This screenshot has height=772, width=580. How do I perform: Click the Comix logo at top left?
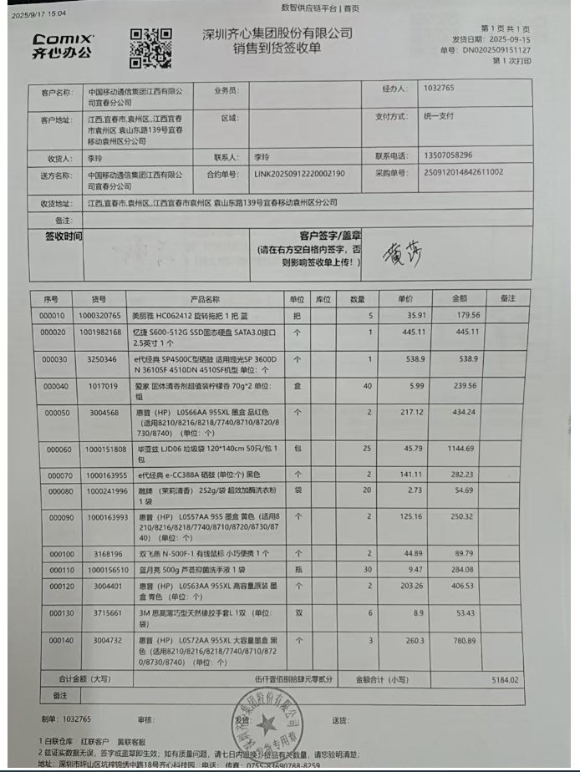pos(64,45)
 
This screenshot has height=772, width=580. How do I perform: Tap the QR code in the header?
pos(150,48)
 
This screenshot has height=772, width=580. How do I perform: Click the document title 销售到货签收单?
pos(277,48)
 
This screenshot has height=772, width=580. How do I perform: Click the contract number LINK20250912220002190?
pos(299,175)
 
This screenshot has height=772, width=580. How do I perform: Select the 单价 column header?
pos(405,298)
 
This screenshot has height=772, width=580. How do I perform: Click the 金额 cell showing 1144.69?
pos(463,449)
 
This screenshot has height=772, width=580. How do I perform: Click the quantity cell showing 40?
pos(367,386)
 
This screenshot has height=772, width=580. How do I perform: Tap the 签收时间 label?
pos(64,236)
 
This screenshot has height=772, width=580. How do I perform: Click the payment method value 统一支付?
pos(438,116)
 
